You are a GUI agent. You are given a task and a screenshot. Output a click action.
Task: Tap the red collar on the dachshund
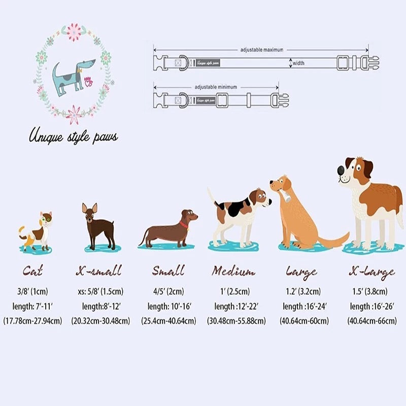(183, 223)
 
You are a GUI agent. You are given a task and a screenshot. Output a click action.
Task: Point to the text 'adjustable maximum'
(262, 50)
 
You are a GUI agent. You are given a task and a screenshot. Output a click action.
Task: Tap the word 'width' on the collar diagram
(298, 63)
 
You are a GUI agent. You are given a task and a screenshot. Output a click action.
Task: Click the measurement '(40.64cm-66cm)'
(374, 321)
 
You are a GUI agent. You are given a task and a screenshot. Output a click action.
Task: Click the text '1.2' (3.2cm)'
(303, 291)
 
